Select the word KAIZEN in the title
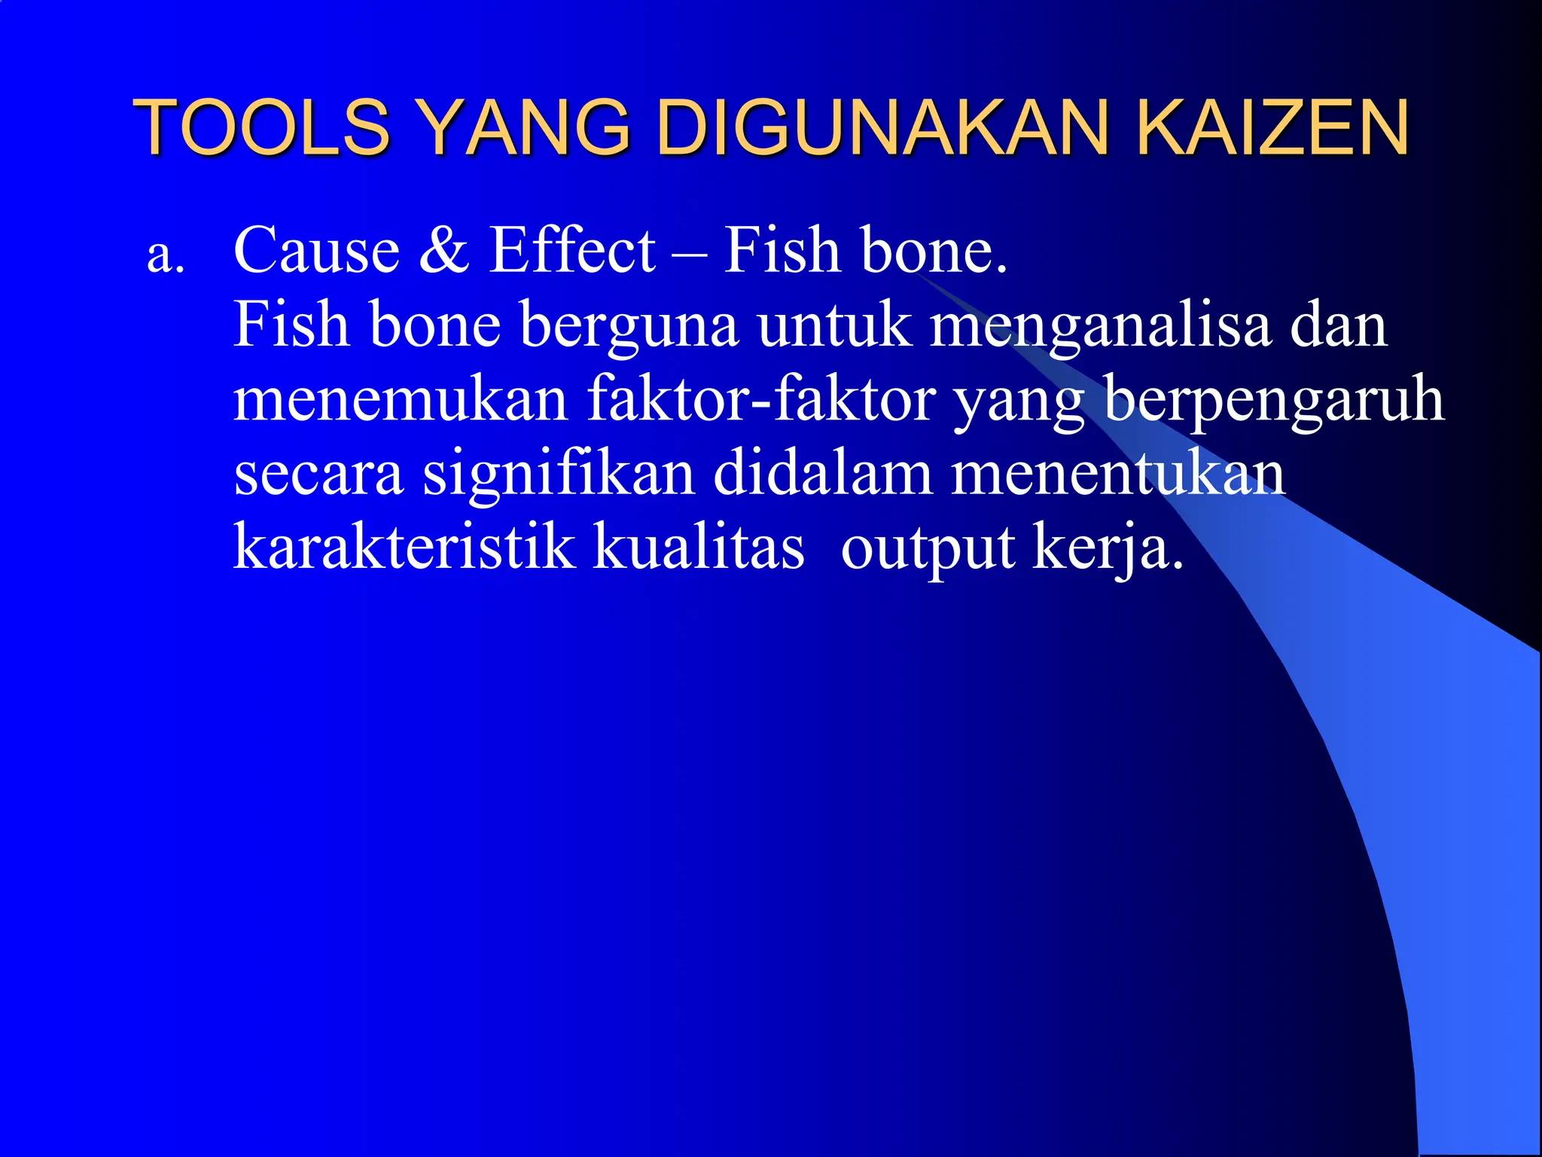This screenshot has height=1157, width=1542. point(1272,127)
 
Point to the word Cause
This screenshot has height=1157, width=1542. point(316,250)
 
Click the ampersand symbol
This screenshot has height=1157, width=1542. point(444,250)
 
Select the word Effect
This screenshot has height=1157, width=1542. point(572,250)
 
